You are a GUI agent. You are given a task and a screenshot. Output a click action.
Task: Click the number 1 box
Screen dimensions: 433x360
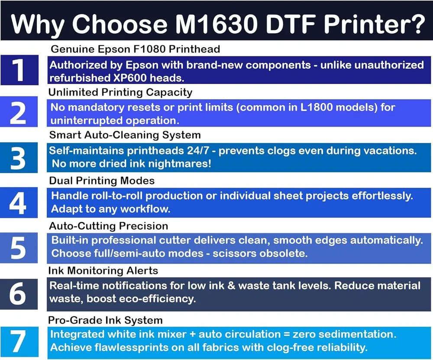19,70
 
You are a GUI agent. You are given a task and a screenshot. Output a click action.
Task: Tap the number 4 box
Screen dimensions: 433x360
19,202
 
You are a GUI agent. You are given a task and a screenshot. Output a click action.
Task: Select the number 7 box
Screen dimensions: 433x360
19,342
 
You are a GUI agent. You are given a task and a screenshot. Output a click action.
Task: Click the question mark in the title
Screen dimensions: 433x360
416,23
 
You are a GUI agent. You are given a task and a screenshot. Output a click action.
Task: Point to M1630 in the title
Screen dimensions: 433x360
216,23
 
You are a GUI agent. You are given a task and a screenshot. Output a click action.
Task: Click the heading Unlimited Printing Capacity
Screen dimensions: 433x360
120,93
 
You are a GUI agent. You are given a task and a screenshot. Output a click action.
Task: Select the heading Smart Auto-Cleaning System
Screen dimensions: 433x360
125,135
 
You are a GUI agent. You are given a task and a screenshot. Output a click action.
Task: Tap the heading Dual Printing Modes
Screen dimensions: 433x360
102,181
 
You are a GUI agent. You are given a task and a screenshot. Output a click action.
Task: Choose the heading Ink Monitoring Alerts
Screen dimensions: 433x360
103,271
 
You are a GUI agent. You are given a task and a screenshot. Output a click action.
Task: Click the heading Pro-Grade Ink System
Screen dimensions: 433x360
105,321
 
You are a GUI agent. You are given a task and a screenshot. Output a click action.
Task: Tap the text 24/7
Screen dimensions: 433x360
198,151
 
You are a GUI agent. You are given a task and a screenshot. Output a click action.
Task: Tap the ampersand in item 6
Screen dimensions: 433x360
231,285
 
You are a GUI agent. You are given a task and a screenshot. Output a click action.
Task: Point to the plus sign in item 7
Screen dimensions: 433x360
192,334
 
